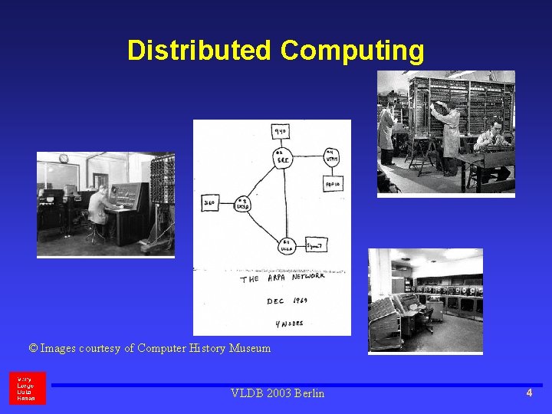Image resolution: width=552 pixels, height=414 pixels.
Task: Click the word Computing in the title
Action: pyautogui.click(x=352, y=51)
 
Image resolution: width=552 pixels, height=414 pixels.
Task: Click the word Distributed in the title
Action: pyautogui.click(x=199, y=51)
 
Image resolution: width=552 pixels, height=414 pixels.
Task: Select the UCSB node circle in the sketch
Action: pyautogui.click(x=242, y=203)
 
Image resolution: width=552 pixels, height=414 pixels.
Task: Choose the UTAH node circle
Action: pyautogui.click(x=330, y=157)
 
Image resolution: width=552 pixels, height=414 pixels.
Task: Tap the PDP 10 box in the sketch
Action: pyautogui.click(x=332, y=185)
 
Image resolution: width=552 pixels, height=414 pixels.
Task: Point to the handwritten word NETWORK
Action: pyautogui.click(x=308, y=276)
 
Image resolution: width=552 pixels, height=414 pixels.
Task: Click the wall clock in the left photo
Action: pyautogui.click(x=64, y=159)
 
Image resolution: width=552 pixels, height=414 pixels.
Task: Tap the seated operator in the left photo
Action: pyautogui.click(x=98, y=206)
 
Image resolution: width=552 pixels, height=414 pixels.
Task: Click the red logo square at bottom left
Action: pyautogui.click(x=28, y=388)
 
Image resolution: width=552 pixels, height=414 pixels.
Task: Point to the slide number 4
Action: pyautogui.click(x=529, y=393)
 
